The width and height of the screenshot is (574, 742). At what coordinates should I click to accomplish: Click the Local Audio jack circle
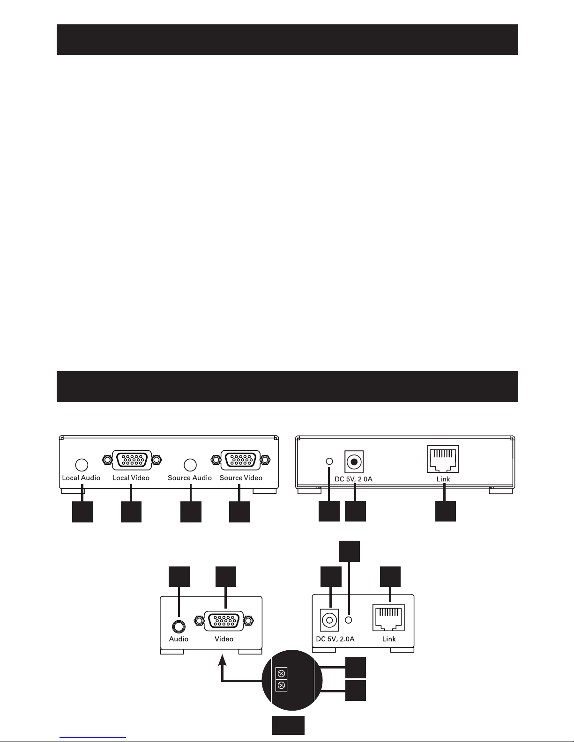tap(82, 465)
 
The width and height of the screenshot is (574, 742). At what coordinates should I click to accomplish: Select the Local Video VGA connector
tap(131, 461)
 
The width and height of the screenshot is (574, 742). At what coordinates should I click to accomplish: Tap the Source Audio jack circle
tap(190, 465)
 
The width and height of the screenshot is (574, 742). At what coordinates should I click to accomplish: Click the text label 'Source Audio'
tap(190, 478)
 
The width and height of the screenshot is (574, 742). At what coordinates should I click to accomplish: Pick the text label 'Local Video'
tap(131, 478)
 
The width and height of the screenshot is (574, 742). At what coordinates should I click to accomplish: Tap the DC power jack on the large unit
tap(355, 462)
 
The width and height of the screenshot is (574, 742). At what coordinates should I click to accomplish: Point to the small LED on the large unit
tap(329, 462)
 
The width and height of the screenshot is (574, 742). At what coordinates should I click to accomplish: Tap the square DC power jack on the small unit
tap(329, 621)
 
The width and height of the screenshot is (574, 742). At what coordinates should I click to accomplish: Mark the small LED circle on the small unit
tap(348, 620)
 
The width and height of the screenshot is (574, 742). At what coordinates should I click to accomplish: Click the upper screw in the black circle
tap(282, 674)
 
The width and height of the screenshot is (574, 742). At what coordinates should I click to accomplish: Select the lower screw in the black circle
tap(282, 686)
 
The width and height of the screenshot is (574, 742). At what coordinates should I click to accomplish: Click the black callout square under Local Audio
tap(82, 512)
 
